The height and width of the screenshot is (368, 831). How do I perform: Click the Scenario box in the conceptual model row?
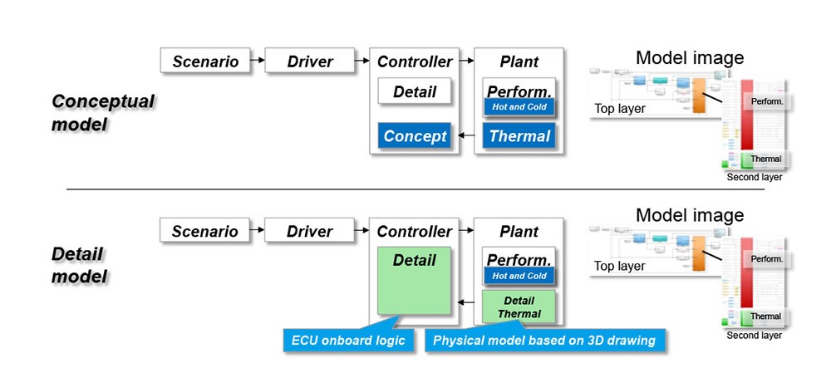coord(205,61)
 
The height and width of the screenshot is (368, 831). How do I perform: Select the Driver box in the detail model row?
coord(310,232)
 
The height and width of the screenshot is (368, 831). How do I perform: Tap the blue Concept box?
coord(415,136)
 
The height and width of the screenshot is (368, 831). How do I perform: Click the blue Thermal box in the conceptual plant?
coord(519,136)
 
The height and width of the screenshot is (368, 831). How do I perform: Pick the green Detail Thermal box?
coord(519,307)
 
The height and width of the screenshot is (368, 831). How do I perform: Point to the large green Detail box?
coord(415,279)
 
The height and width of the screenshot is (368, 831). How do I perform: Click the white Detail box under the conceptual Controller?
coord(415,91)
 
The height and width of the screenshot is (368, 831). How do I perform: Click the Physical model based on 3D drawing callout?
coord(544,340)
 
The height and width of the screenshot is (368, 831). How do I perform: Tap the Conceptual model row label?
coord(103,113)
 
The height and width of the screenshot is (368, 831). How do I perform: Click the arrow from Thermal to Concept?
coord(465,136)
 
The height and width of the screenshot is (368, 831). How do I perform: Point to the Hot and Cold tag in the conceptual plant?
coord(519,106)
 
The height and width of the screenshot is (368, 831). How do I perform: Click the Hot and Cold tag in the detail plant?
coord(519,276)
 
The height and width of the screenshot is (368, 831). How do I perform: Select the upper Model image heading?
coord(689,57)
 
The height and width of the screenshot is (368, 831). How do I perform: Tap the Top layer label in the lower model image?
coord(619,267)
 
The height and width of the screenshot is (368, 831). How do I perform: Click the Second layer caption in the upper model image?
coord(754,177)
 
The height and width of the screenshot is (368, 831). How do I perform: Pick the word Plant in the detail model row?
coord(519,232)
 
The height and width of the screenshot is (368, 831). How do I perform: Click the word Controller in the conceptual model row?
coord(415,61)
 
